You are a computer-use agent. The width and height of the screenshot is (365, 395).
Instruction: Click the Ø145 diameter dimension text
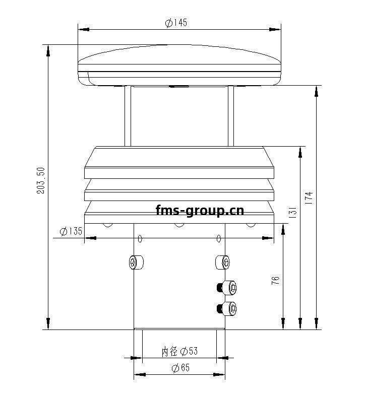pyautogui.click(x=176, y=23)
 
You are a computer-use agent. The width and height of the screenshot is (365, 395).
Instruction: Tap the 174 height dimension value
pyautogui.click(x=309, y=197)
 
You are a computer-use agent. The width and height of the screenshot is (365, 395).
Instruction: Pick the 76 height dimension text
pyautogui.click(x=275, y=281)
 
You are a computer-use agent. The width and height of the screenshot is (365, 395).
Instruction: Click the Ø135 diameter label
pyautogui.click(x=71, y=231)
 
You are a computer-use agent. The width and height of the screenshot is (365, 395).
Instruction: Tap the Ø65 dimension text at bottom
pyautogui.click(x=180, y=368)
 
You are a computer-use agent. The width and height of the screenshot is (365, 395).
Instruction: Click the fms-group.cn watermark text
pyautogui.click(x=200, y=210)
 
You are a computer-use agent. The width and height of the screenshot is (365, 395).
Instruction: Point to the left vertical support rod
pyautogui.click(x=128, y=116)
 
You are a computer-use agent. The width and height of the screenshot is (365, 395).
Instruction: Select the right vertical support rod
pyautogui.click(x=231, y=116)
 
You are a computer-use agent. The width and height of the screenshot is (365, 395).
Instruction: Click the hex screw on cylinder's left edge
pyautogui.click(x=135, y=262)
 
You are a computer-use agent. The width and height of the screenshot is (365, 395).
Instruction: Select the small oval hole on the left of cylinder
pyautogui.click(x=140, y=238)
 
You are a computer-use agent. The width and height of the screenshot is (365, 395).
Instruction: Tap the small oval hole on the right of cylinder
pyautogui.click(x=219, y=238)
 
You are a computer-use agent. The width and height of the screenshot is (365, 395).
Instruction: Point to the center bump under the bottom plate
pyautogui.click(x=179, y=224)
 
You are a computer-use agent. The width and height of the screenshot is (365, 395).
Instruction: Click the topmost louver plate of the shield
pyautogui.click(x=179, y=162)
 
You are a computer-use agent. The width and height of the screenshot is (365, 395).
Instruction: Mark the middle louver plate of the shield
pyautogui.click(x=179, y=190)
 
